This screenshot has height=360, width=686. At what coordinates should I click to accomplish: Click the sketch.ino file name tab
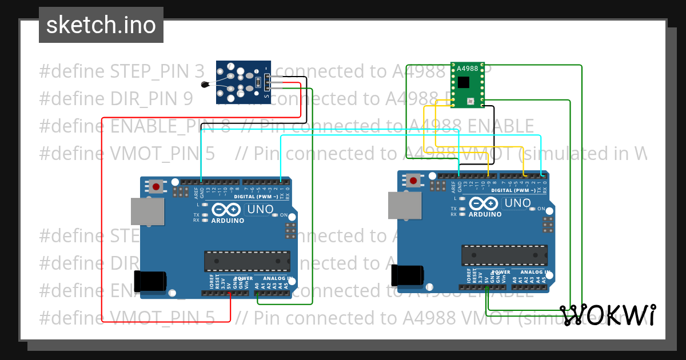click(x=101, y=25)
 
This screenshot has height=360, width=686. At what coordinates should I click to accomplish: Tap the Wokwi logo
click(x=607, y=315)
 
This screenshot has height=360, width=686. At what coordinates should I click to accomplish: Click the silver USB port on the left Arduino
click(x=147, y=211)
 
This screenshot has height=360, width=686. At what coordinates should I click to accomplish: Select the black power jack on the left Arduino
click(x=150, y=281)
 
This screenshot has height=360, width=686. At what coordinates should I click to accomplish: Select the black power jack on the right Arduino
click(x=408, y=275)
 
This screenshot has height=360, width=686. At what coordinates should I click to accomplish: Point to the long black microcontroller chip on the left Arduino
click(x=247, y=261)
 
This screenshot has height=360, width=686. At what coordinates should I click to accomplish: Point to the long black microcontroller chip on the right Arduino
click(x=504, y=254)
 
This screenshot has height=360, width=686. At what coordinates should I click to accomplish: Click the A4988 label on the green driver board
click(x=467, y=69)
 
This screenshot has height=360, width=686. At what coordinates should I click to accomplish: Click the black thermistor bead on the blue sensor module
click(x=205, y=85)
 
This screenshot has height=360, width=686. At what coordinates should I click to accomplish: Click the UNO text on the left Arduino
click(x=260, y=210)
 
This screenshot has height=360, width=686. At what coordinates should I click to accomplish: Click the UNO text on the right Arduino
click(x=517, y=203)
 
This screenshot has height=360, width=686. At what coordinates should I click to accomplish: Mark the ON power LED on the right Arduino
click(x=533, y=209)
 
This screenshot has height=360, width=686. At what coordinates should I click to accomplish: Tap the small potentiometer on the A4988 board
click(x=470, y=102)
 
